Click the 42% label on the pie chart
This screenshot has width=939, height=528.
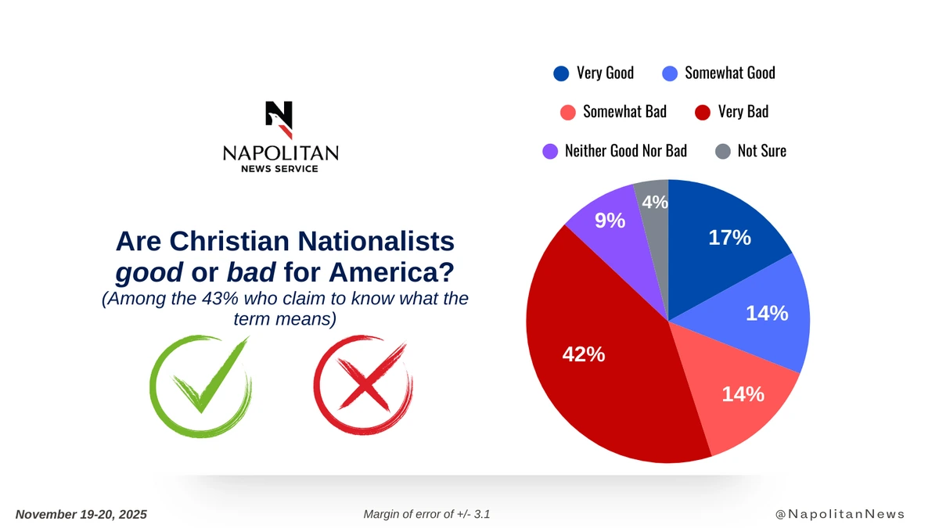tap(584, 354)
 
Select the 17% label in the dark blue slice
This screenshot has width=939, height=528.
tap(729, 238)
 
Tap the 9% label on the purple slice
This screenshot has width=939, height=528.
tap(610, 221)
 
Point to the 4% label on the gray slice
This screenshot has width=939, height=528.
tap(655, 202)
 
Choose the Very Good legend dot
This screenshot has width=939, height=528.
tap(561, 74)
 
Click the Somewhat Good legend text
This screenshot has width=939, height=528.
tap(729, 73)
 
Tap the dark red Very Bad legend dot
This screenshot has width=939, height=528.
tap(703, 112)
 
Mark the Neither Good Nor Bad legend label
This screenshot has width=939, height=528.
tap(625, 150)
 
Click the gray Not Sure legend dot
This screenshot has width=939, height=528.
tap(723, 151)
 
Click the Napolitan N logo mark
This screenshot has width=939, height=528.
tap(279, 119)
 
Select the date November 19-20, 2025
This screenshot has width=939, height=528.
tap(81, 514)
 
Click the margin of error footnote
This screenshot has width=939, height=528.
tap(426, 514)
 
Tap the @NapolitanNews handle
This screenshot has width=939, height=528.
tap(840, 514)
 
